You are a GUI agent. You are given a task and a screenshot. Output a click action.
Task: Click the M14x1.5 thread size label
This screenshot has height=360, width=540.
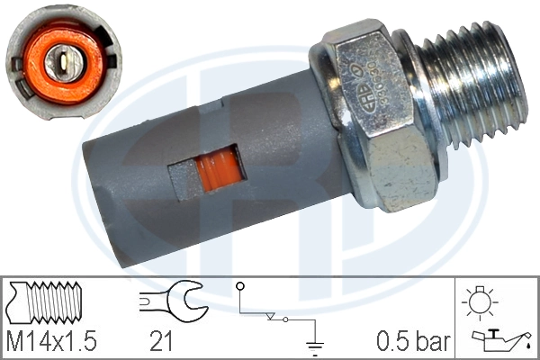pyautogui.click(x=50, y=340)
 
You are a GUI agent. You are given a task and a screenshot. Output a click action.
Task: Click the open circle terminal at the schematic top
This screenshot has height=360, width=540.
pyautogui.click(x=240, y=287)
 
